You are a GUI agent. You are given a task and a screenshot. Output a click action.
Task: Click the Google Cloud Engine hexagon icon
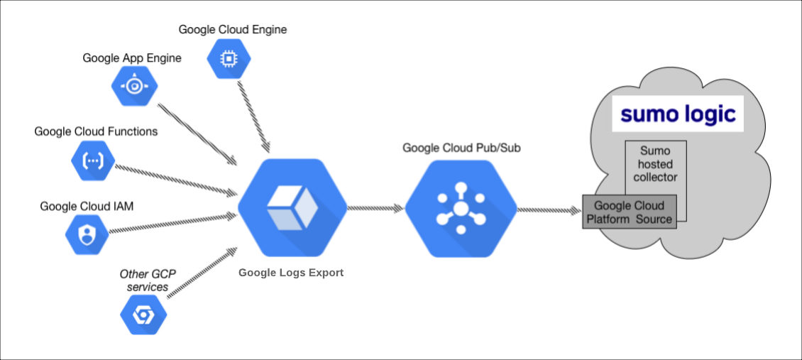(229, 60)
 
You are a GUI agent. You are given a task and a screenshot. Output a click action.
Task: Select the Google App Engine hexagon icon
(134, 86)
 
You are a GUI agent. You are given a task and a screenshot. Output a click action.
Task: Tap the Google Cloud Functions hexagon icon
(92, 160)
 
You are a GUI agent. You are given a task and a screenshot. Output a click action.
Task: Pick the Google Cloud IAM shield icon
(87, 234)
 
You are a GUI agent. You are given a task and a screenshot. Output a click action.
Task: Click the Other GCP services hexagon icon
(143, 314)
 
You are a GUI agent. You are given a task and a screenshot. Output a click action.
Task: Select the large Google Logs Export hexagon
(292, 209)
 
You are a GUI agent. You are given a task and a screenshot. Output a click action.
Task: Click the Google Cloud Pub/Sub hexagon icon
(460, 209)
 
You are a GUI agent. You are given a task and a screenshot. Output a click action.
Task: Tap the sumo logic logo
(678, 114)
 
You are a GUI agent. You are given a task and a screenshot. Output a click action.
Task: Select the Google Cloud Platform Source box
(629, 212)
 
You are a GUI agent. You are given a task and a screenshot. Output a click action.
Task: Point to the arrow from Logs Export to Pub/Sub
(375, 209)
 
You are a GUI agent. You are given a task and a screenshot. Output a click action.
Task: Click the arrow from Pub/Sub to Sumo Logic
(549, 210)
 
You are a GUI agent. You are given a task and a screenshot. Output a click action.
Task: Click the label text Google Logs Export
(291, 273)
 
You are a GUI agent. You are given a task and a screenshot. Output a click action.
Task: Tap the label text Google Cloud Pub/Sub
(458, 148)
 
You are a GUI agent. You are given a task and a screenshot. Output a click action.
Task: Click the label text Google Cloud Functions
(96, 131)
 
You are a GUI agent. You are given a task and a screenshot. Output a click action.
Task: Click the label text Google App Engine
(132, 58)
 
